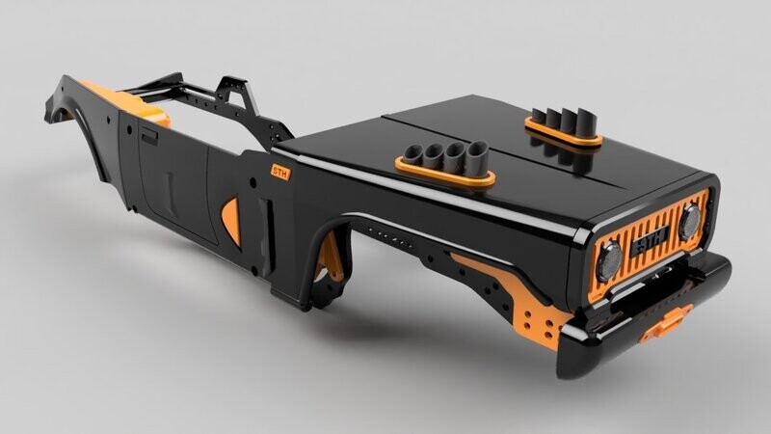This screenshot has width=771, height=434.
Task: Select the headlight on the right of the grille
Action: coord(688,221)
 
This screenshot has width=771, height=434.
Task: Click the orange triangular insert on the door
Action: coord(231,218)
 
